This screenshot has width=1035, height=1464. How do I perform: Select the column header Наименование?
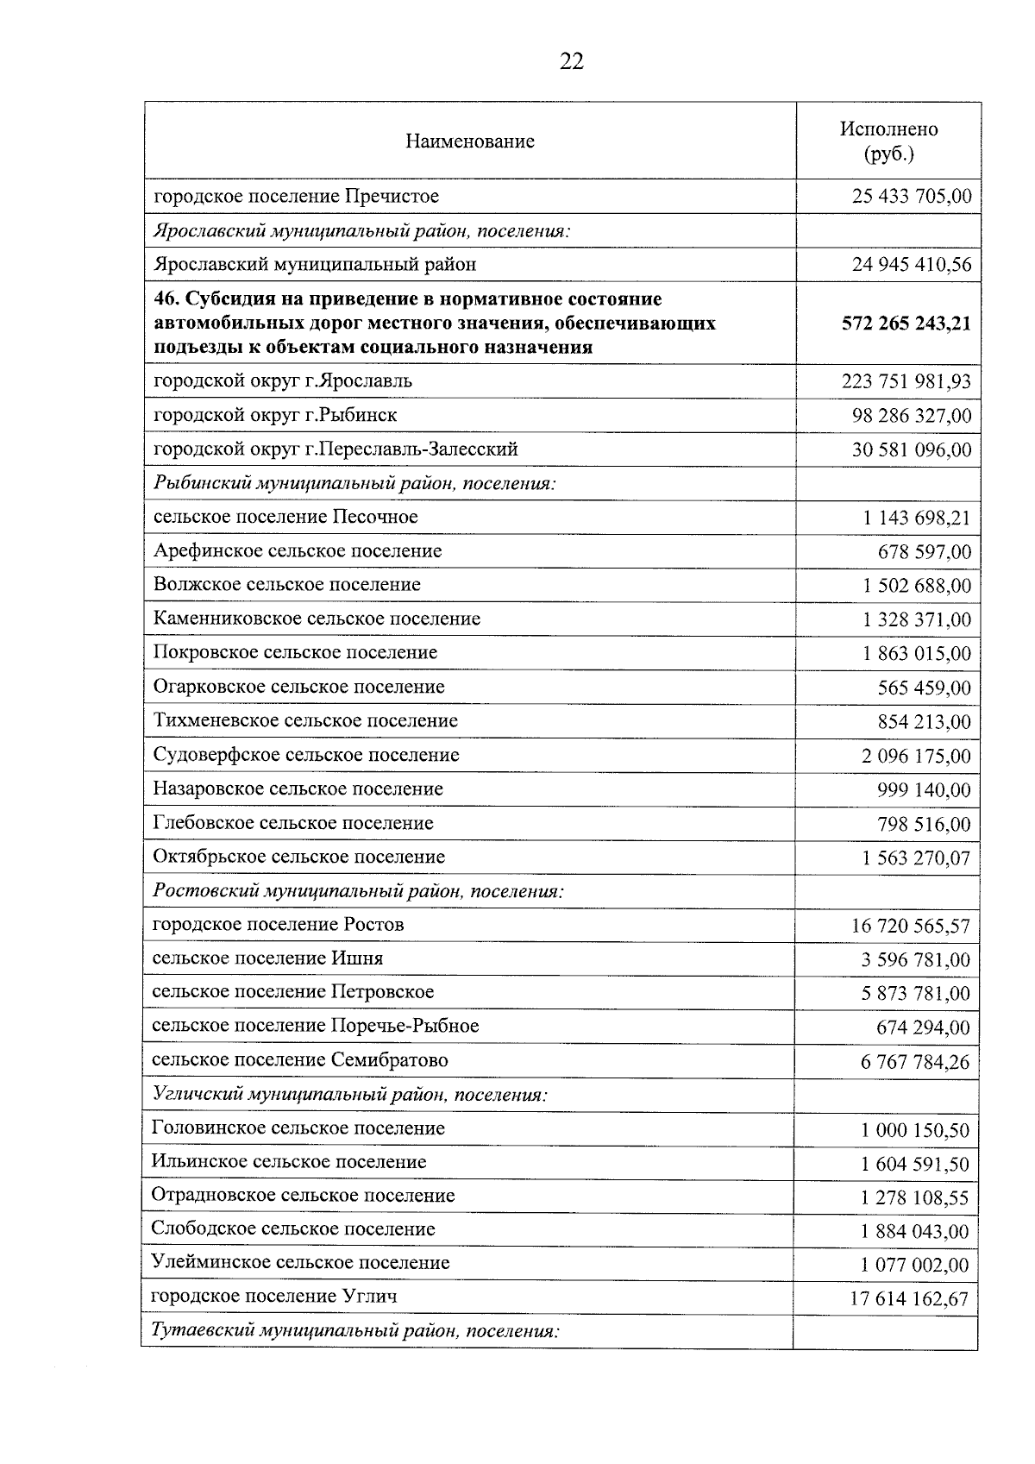click(469, 141)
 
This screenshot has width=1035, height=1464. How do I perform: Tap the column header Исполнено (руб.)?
click(888, 141)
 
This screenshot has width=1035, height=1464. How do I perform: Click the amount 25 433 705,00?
click(912, 197)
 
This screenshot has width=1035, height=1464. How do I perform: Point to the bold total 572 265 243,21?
click(906, 324)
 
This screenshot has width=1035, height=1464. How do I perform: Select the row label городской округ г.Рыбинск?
click(275, 415)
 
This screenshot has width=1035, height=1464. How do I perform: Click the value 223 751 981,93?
click(906, 381)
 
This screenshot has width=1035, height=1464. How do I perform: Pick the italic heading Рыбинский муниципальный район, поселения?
click(354, 483)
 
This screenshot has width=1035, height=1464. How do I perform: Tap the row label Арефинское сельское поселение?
click(298, 550)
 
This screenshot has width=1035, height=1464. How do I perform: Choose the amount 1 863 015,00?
click(916, 653)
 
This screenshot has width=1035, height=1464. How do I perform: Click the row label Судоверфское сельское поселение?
click(306, 755)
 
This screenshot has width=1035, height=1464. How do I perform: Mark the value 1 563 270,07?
click(916, 858)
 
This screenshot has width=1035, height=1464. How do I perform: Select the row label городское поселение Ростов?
click(278, 925)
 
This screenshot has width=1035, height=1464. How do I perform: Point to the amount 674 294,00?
click(922, 1027)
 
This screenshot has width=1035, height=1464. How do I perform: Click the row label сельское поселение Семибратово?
click(299, 1059)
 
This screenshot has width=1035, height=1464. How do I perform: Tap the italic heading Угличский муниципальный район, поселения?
click(349, 1095)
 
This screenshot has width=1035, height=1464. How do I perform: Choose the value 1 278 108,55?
click(914, 1197)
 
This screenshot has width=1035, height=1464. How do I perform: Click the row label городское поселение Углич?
click(273, 1296)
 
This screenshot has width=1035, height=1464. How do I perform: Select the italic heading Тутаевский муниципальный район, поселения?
click(355, 1330)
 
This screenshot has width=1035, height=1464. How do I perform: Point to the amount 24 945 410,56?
click(912, 265)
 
